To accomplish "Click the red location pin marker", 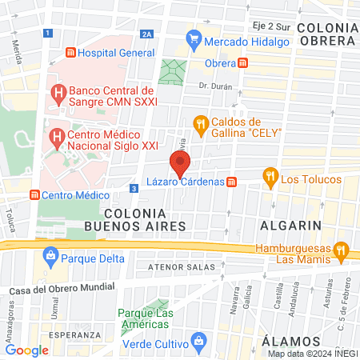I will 180,165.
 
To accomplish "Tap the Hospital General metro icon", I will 71,53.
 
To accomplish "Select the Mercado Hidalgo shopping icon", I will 193,38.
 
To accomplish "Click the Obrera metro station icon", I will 242,62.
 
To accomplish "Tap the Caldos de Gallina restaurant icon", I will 200,124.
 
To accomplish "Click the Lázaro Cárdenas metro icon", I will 232,182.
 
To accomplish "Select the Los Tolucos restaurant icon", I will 270,178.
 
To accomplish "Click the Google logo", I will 26,350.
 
